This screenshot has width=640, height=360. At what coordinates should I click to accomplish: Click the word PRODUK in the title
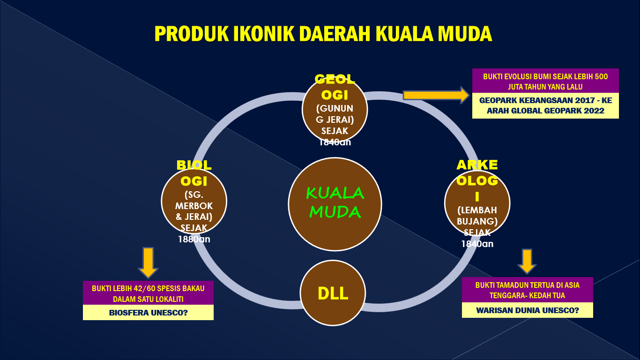pos(192,34)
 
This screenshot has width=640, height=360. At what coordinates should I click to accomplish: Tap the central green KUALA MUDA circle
pos(335,204)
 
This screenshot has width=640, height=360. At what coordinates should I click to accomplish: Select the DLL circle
pos(333,293)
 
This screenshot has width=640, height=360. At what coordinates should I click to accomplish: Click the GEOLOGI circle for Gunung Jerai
pos(335,109)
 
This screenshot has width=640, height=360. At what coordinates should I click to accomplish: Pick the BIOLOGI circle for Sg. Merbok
pos(194,201)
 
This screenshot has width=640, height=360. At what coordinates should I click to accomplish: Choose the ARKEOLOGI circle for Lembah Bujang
pos(477,203)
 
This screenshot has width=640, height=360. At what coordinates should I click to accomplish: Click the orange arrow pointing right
pos(436,95)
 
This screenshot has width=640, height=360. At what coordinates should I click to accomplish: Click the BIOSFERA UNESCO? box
pos(148,313)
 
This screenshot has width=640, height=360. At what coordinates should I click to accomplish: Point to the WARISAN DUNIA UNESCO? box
pos(528,310)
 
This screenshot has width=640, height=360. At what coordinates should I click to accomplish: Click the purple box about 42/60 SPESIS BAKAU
pos(148,293)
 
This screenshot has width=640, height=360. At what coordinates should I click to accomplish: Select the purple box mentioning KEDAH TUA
pos(528,290)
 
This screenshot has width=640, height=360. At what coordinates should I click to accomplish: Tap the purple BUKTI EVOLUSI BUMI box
pos(545,81)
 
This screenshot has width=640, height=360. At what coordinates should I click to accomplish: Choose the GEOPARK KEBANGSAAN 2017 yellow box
pos(545,105)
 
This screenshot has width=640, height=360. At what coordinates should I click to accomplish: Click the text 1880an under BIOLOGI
pos(194,239)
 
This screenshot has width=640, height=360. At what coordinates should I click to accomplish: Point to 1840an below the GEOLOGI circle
pos(335,142)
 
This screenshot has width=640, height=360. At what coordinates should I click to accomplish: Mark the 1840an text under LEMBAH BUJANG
pos(477,244)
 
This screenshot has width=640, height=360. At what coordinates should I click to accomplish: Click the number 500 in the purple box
pos(601,76)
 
